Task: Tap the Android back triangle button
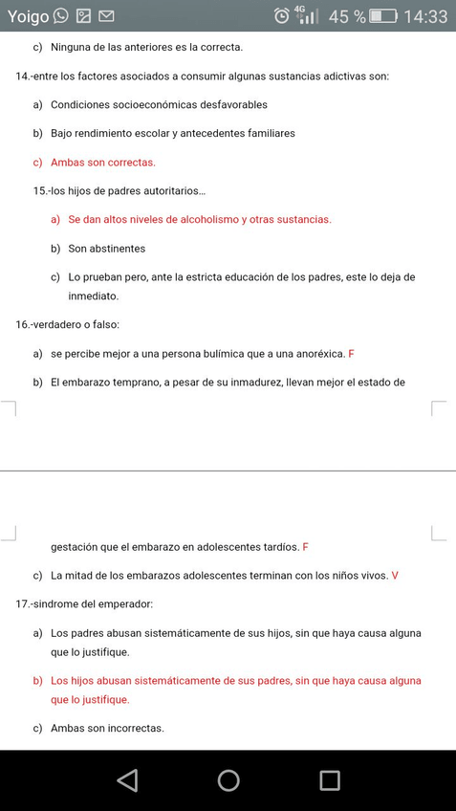point(127,780)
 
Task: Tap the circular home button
point(228,780)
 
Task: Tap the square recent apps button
point(330,780)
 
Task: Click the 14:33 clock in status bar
point(425,16)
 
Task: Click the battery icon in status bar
point(383,16)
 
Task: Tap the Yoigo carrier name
point(28,16)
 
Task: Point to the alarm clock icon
point(282,16)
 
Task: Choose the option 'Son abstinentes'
point(106,249)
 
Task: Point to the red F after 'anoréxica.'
point(351,354)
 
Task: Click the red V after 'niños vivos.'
point(395,576)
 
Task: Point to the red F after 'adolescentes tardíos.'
point(306,547)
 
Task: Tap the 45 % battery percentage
point(347,16)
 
